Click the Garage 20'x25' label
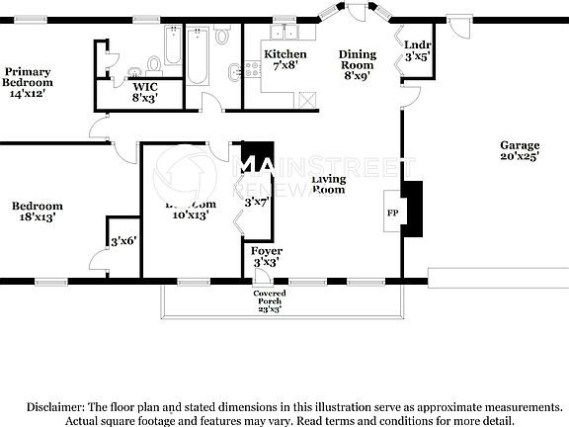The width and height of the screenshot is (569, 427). point(519,150)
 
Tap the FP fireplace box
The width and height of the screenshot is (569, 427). point(392,212)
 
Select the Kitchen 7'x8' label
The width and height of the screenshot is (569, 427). point(284,59)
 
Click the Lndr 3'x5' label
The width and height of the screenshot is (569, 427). point(417,50)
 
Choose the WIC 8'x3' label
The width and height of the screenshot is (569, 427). point(145,92)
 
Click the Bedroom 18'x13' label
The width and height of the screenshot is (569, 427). point(38,212)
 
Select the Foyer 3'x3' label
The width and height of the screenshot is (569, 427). point(267,257)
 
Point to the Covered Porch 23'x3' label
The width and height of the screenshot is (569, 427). point(269,300)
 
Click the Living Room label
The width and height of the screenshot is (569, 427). point(328,184)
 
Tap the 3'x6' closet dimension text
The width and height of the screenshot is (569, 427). point(122,240)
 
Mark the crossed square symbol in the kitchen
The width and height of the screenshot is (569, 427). point(307,100)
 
